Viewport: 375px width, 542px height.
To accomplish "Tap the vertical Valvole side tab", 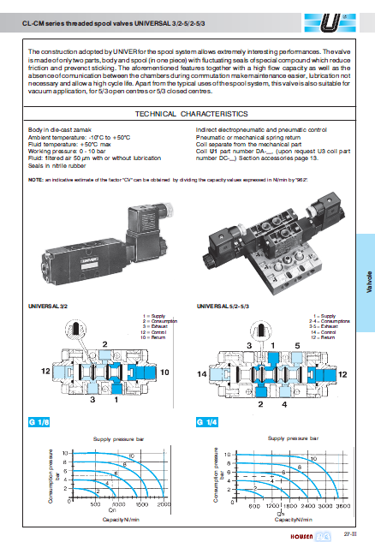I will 366,283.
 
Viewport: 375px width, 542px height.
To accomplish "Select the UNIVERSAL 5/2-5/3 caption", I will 222,306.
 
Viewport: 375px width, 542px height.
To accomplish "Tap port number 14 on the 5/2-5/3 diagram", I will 204,375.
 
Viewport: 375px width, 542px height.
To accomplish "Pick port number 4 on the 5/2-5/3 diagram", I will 283,405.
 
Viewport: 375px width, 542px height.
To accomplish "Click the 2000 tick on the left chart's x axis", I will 165,505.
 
